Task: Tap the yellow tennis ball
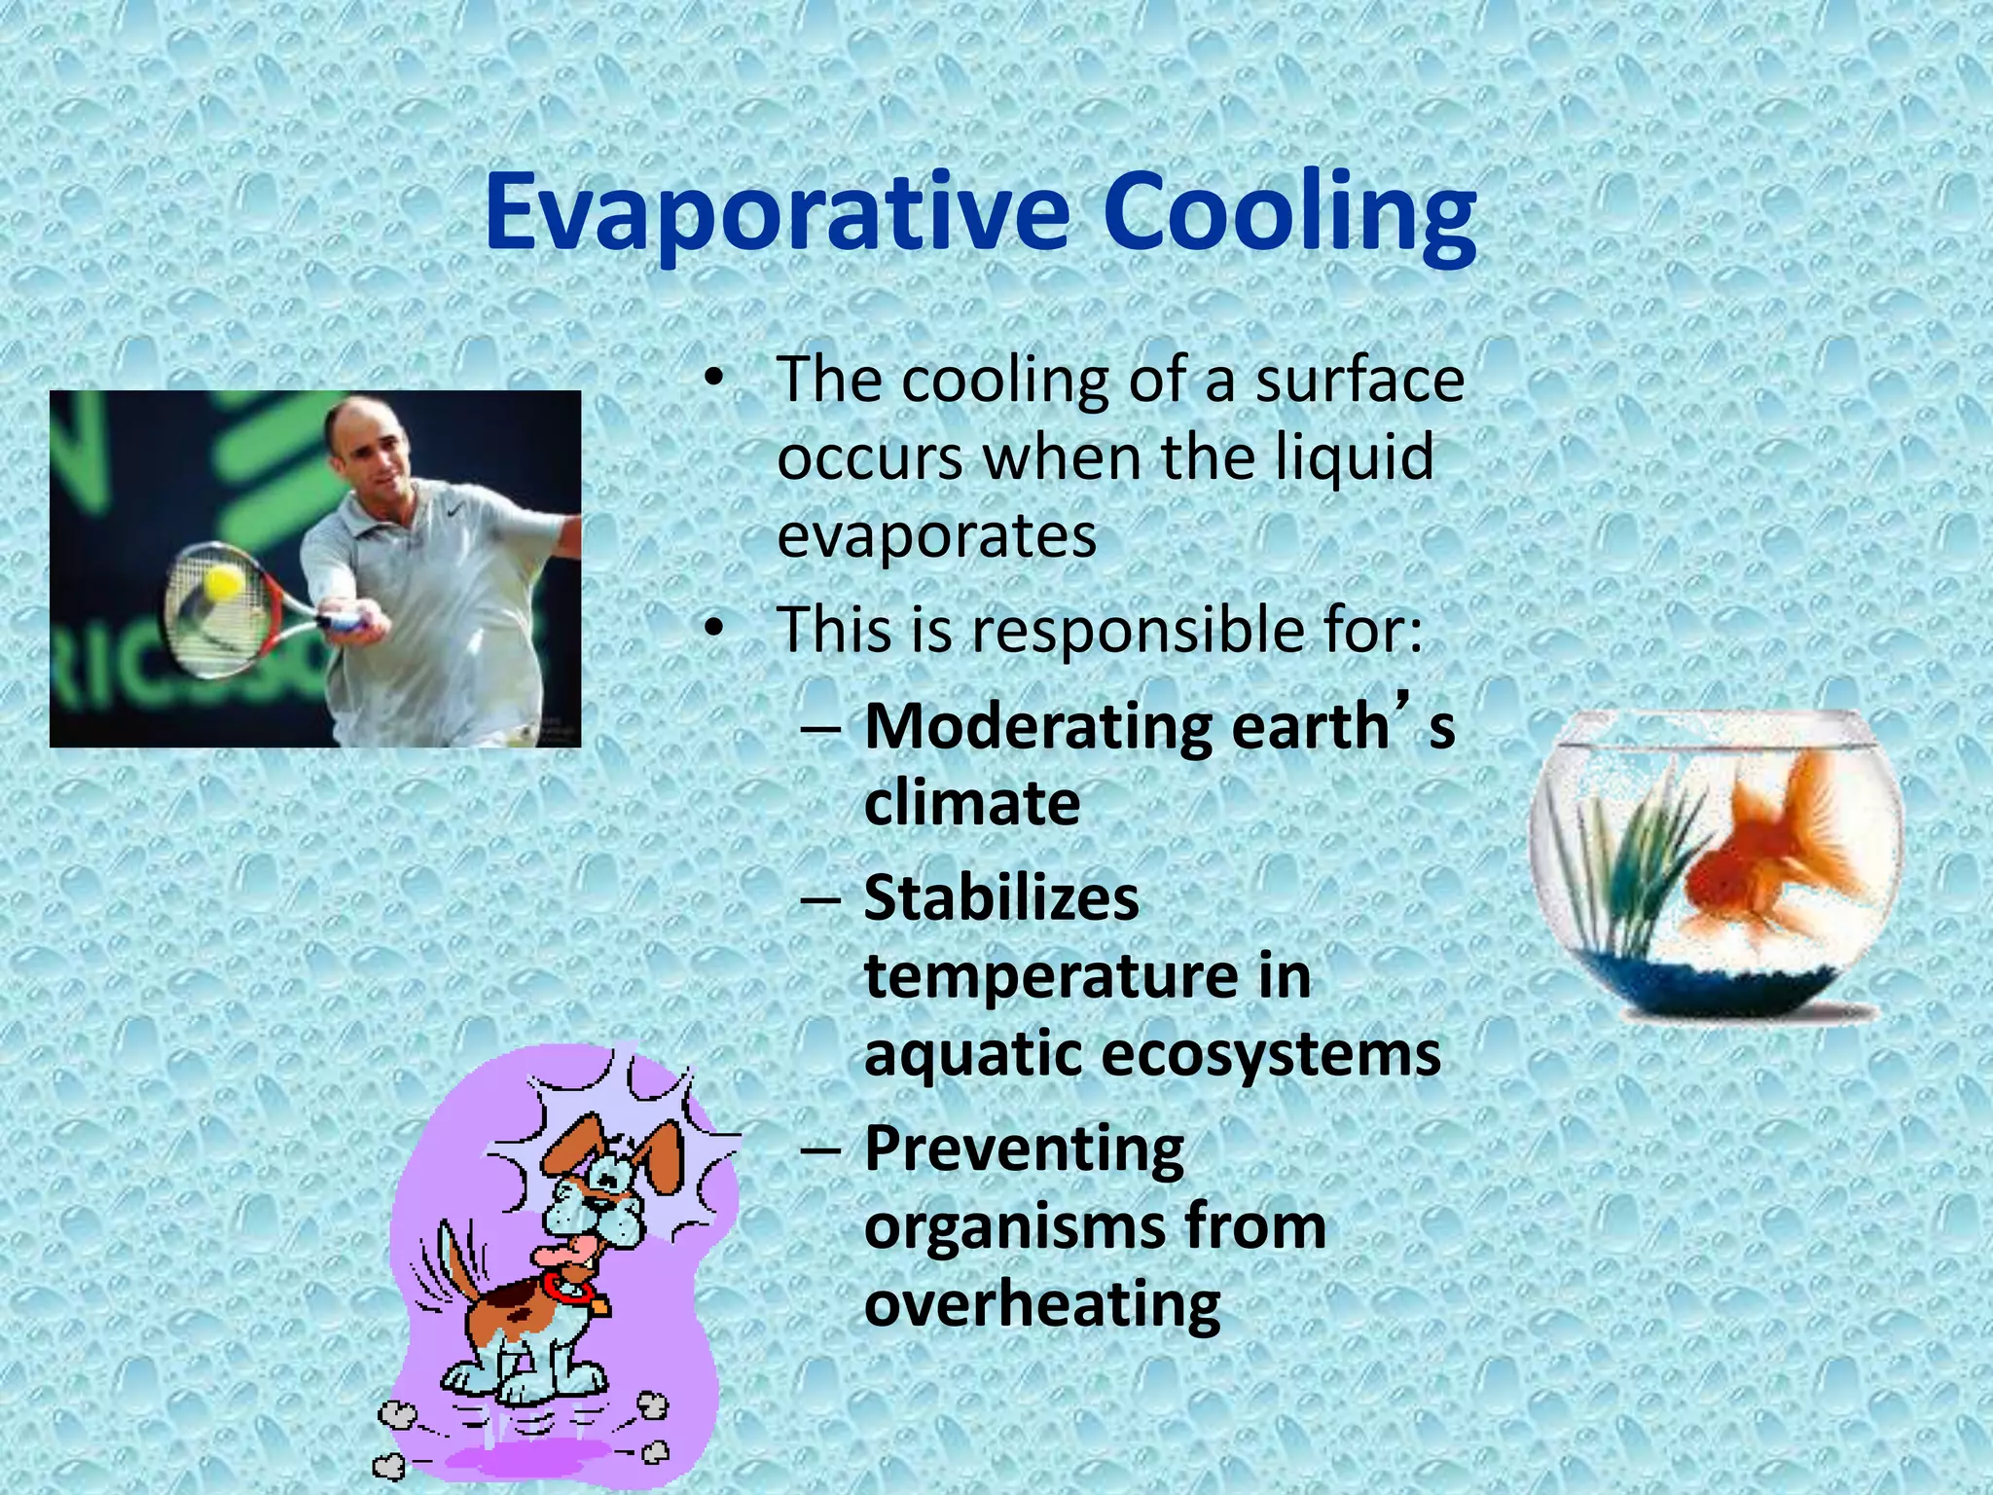tap(223, 583)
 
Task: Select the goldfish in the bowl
tap(1771, 857)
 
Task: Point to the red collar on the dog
tap(564, 1290)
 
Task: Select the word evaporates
tap(936, 535)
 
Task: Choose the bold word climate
tap(971, 804)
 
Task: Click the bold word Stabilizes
tap(1000, 898)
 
